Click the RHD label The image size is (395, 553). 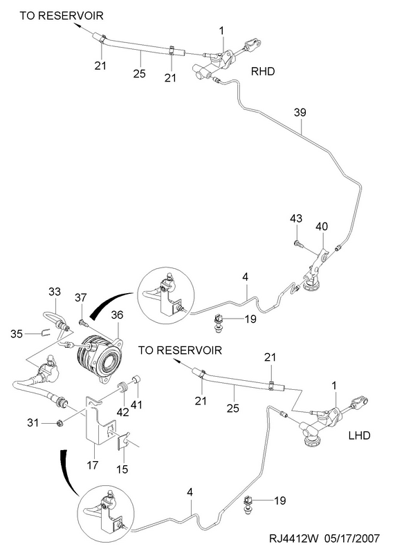coord(263,72)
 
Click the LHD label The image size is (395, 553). coord(359,435)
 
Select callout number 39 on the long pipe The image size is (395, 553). coord(300,113)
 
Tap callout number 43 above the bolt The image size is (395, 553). coord(296,218)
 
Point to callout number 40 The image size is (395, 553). coord(322,226)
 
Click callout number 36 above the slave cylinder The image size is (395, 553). coord(118,315)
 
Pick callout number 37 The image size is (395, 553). coord(80,298)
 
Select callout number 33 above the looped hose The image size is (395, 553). coord(55,292)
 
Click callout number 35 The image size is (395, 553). coord(17,334)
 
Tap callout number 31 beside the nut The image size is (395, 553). coord(33,422)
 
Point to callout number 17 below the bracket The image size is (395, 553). coord(93,465)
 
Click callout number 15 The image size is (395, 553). coord(122,469)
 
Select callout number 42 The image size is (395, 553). coord(123,412)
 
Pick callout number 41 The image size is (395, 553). coord(136,404)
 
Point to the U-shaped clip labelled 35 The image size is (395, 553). coord(44,332)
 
